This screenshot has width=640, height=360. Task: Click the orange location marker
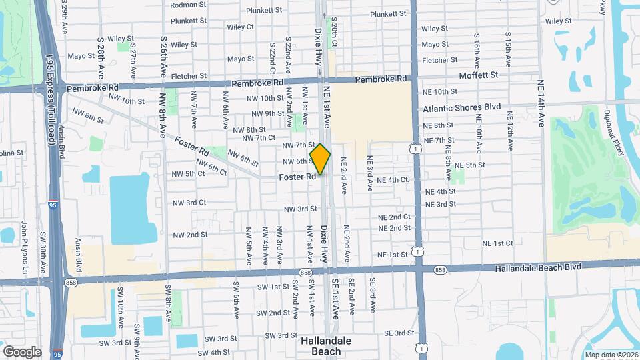(x=320, y=159)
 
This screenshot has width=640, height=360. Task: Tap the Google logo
(x=22, y=351)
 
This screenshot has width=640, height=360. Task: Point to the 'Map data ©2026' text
(x=611, y=355)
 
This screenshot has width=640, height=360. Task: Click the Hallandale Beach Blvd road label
(x=538, y=267)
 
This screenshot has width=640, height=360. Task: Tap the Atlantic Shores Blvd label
(x=461, y=107)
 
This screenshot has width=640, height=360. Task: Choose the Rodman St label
(x=188, y=5)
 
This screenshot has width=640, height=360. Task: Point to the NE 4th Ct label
(x=392, y=180)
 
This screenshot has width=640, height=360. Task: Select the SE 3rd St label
(x=399, y=333)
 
